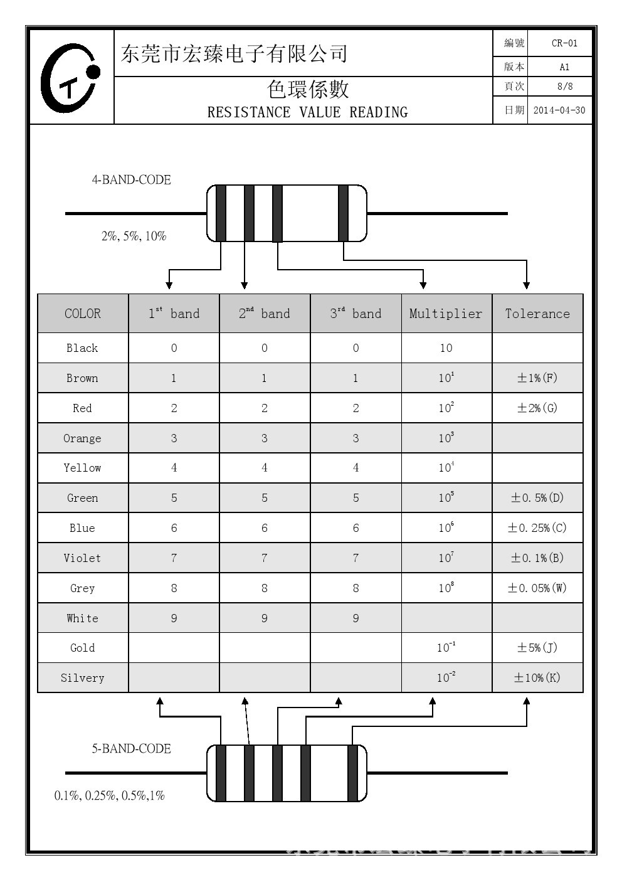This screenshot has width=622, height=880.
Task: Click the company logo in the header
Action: [x=70, y=78]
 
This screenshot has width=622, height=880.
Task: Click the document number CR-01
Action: [x=564, y=43]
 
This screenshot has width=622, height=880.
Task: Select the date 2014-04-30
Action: [x=559, y=110]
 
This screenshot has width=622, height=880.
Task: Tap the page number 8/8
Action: [x=565, y=87]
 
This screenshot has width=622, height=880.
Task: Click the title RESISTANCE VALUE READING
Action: [x=307, y=112]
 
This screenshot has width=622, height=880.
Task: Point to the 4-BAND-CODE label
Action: [x=132, y=180]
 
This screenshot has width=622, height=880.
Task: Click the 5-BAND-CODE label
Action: [x=132, y=748]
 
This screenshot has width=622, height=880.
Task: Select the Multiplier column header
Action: [x=446, y=314]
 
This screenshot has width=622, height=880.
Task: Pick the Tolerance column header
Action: [x=537, y=314]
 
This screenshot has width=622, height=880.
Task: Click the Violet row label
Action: [x=82, y=558]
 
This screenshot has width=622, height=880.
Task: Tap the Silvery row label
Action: [x=82, y=677]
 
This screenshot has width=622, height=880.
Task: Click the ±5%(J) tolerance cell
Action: [x=537, y=647]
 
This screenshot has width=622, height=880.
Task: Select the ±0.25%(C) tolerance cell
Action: [x=537, y=527]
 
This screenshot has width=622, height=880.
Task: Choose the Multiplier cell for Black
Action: [x=446, y=347]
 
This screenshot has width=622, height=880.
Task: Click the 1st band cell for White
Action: [x=174, y=618]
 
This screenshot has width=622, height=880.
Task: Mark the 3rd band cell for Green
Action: [x=356, y=497]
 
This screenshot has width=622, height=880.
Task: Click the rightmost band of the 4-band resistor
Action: [x=343, y=213]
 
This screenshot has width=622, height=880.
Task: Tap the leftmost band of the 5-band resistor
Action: [x=221, y=773]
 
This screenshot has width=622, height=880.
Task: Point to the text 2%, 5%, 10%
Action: [x=134, y=236]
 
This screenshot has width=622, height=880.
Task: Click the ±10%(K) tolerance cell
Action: [x=537, y=677]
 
